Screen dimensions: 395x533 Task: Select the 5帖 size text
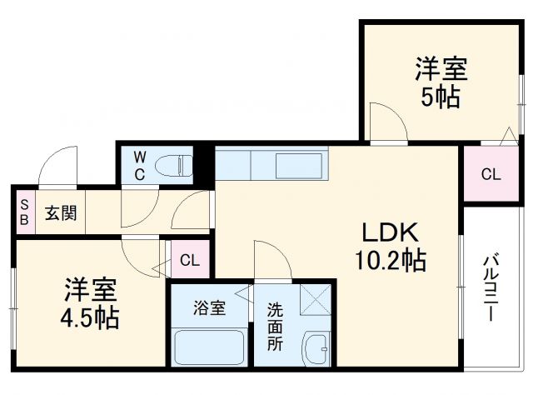point(441,97)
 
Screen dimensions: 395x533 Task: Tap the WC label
point(140,165)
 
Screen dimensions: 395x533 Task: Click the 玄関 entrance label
point(61,212)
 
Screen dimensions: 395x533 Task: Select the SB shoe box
point(24,212)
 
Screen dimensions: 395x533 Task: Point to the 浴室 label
point(209,307)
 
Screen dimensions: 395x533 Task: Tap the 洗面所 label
point(275,327)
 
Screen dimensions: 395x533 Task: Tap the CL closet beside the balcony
point(491,175)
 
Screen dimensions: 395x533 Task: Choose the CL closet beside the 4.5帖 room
point(190,260)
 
